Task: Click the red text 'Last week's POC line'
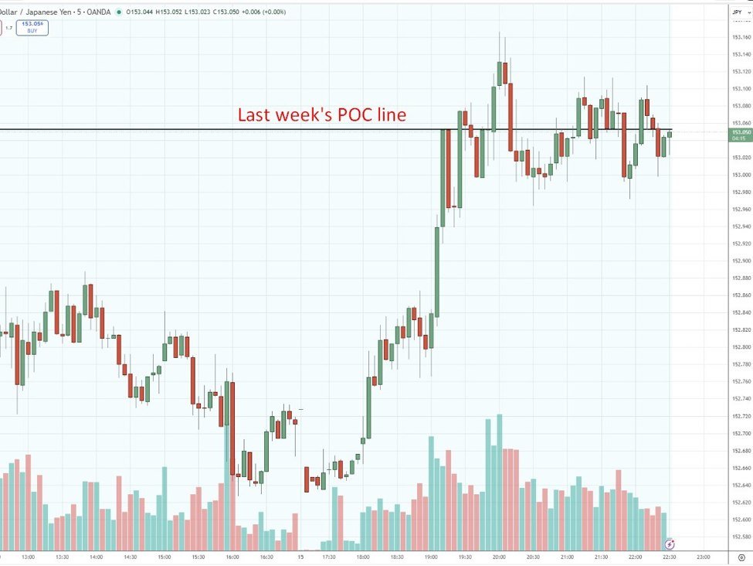(x=321, y=115)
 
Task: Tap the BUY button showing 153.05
(x=33, y=28)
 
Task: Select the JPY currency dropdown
(x=737, y=12)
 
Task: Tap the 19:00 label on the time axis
(x=431, y=557)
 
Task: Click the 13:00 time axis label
(x=29, y=557)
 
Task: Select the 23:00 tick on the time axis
(x=704, y=557)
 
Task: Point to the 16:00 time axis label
(x=232, y=557)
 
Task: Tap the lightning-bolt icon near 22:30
(x=670, y=544)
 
